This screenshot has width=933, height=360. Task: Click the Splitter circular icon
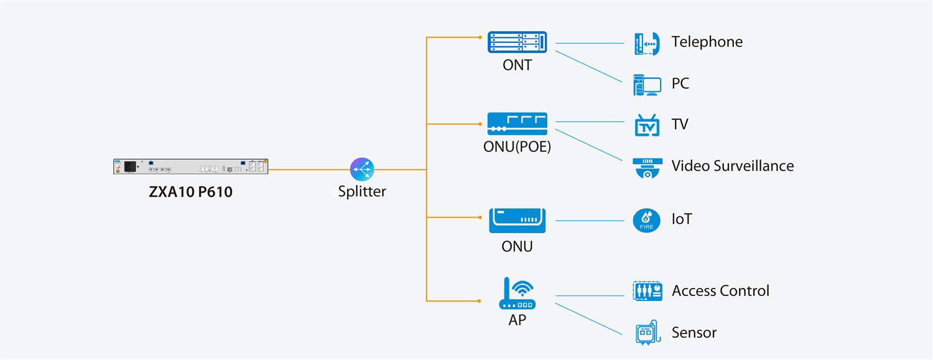coord(363,169)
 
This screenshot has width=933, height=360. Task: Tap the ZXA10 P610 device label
coord(190,192)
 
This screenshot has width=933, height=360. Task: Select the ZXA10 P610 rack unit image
coord(190,167)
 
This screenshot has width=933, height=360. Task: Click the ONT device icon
coord(517,42)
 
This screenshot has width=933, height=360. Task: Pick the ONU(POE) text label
coord(517,147)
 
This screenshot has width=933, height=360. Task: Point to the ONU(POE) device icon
coord(517,124)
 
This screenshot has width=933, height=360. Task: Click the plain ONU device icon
coord(517,221)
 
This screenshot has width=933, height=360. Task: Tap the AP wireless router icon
coord(517,293)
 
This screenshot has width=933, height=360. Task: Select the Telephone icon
coord(646,44)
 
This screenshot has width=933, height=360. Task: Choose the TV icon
coord(646,125)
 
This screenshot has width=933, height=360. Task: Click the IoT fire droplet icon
coord(646,221)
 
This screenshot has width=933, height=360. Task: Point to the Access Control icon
coord(647,291)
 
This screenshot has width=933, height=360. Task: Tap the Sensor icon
coord(647,333)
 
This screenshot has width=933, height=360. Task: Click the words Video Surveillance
coord(732,166)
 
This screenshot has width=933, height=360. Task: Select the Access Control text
coord(720,291)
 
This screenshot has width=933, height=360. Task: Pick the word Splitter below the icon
coord(362,192)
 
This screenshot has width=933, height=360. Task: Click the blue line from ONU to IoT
coord(589,221)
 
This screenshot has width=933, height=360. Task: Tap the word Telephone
coord(707,42)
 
